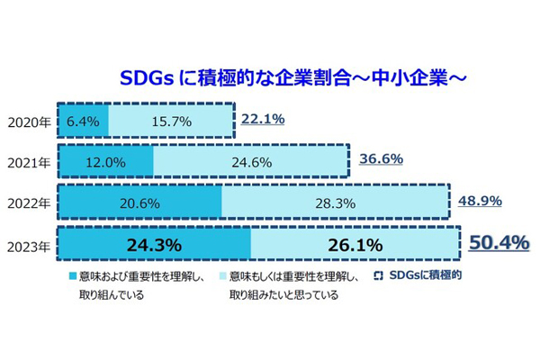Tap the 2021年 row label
click(29, 162)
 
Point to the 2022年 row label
click(29, 203)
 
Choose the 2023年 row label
click(29, 245)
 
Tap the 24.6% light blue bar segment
click(249, 162)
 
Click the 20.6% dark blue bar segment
click(139, 203)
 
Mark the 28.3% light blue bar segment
click(333, 203)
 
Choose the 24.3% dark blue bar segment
click(155, 245)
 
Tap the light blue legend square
click(221, 275)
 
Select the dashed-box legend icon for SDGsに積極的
click(379, 275)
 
